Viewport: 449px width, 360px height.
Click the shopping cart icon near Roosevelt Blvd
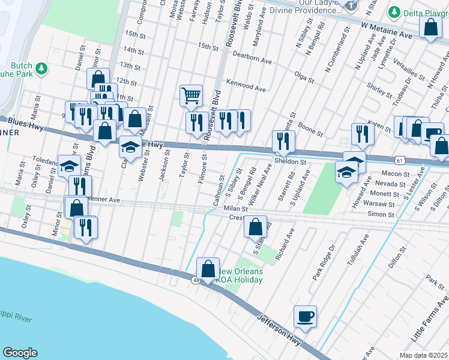tap(191, 95)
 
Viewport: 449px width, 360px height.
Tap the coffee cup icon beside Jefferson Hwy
tap(305, 316)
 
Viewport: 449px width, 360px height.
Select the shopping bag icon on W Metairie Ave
tap(430, 28)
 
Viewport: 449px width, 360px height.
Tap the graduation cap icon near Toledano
tap(69, 166)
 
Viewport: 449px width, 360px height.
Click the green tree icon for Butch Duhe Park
tap(41, 69)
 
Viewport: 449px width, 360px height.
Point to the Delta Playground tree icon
tap(394, 12)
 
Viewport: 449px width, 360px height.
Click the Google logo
tap(20, 353)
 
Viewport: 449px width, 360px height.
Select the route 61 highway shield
tap(400, 160)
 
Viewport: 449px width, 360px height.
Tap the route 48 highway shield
tap(196, 280)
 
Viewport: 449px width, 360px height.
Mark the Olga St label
tap(301, 75)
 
